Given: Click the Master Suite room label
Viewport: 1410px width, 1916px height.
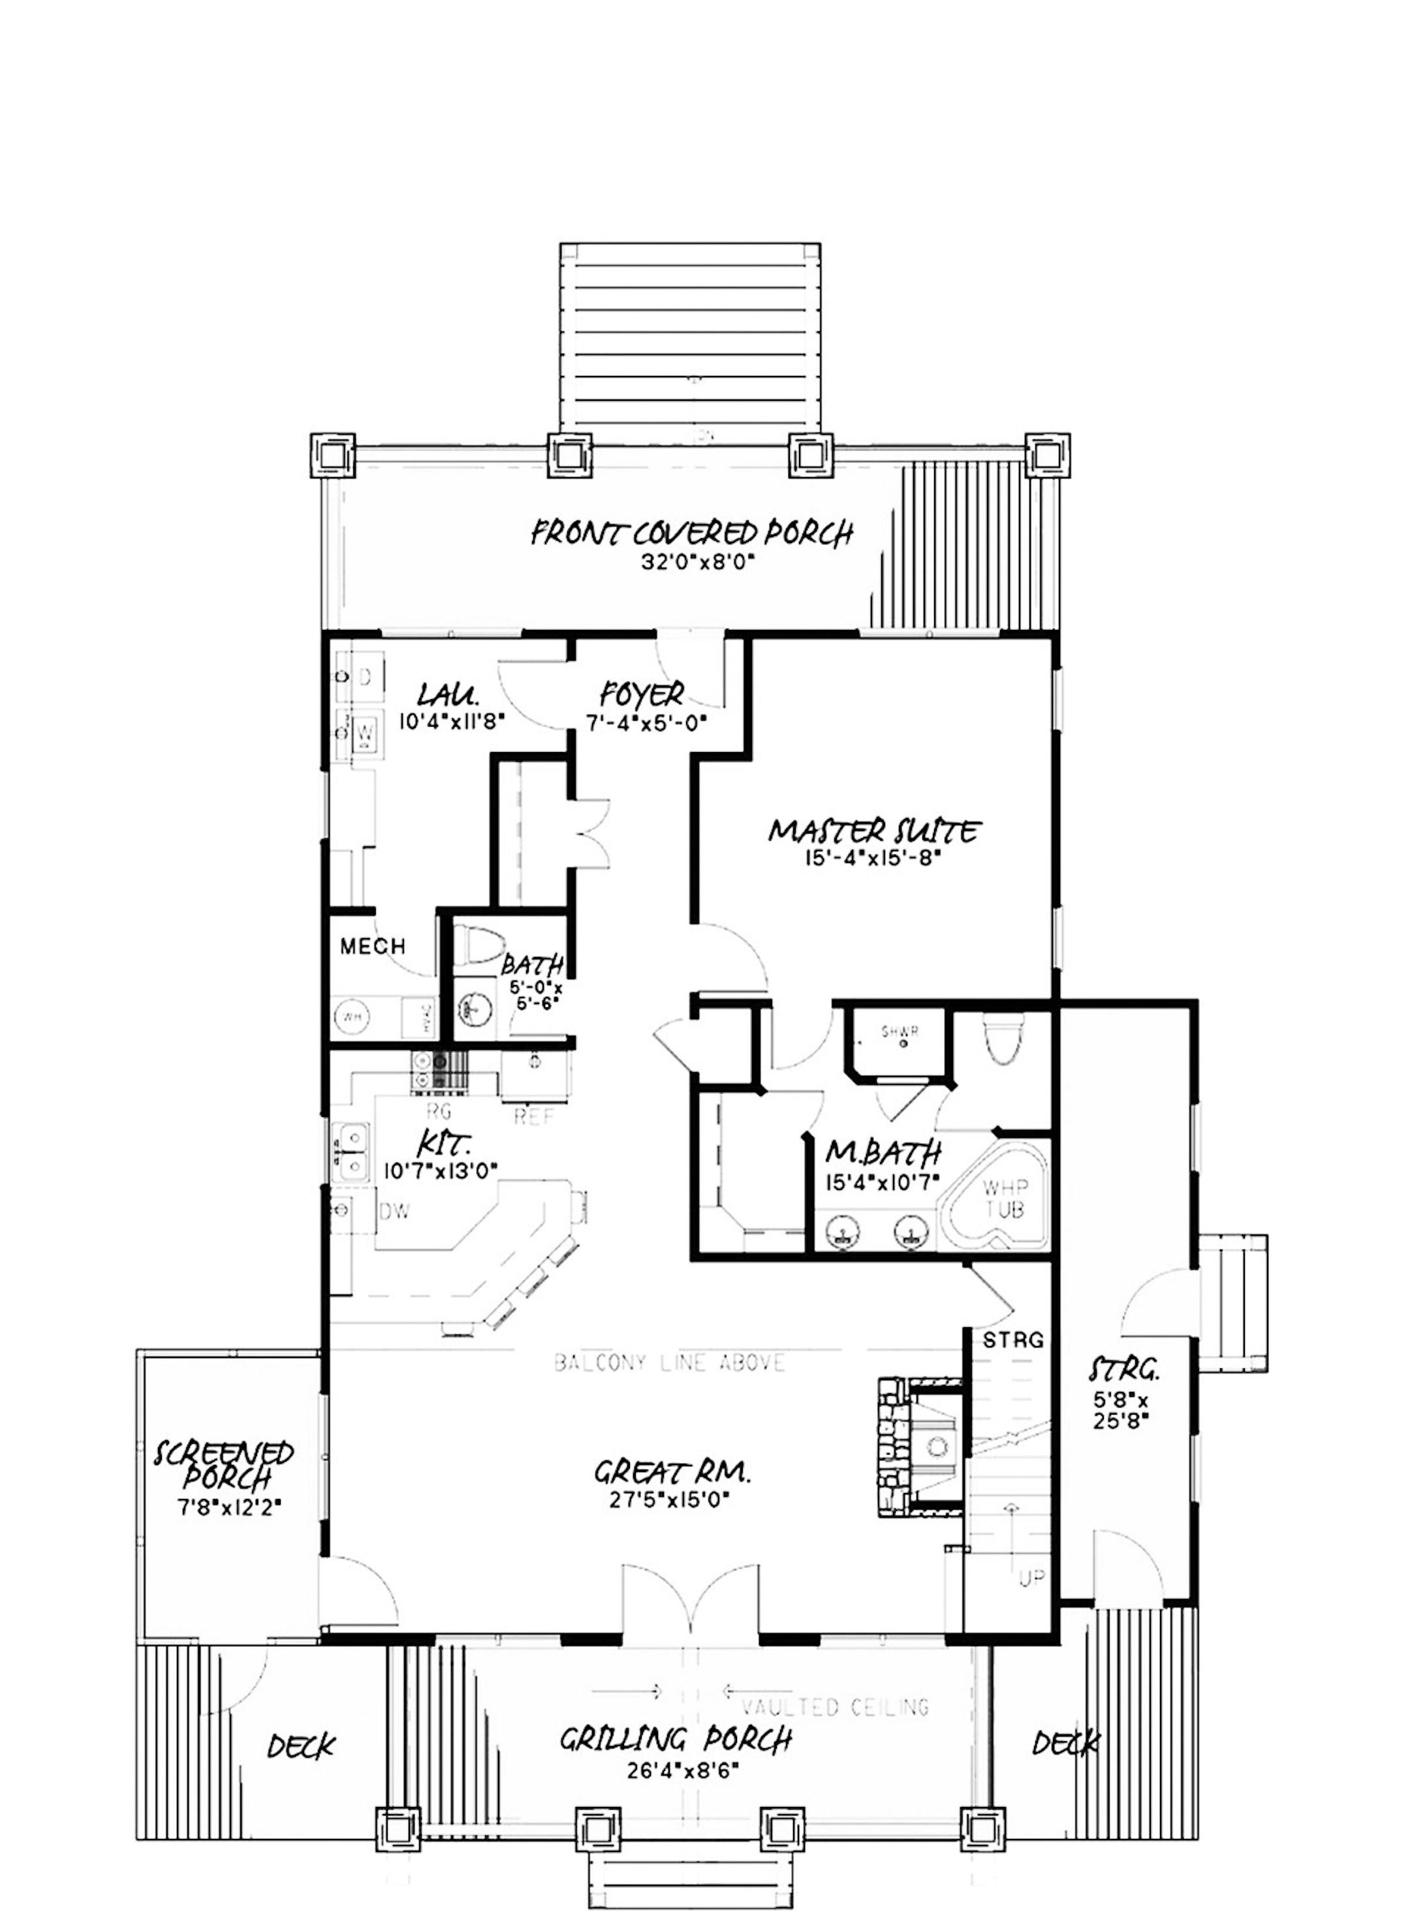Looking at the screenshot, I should (x=875, y=830).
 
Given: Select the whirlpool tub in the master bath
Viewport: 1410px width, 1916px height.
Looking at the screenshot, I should (x=997, y=1199).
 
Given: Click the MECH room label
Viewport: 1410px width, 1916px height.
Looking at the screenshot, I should (x=372, y=946).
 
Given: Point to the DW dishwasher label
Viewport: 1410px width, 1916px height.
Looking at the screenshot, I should (x=394, y=1212).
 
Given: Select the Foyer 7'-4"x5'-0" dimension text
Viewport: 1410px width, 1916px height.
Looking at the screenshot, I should (x=648, y=722).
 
